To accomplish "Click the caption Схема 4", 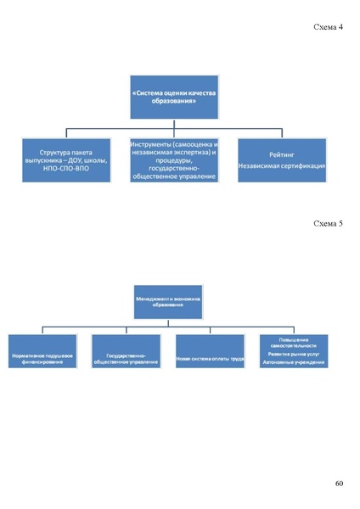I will pyautogui.click(x=328, y=28).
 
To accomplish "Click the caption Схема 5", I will pyautogui.click(x=328, y=224).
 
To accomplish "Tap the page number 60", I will pyautogui.click(x=339, y=484).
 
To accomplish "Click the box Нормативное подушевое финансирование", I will pyautogui.click(x=42, y=351).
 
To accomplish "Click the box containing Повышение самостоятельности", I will pyautogui.click(x=293, y=351).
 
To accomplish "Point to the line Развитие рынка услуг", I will pyautogui.click(x=293, y=353).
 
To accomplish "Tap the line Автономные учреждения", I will pyautogui.click(x=293, y=361).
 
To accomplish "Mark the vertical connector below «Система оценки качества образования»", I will pyautogui.click(x=169, y=126).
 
